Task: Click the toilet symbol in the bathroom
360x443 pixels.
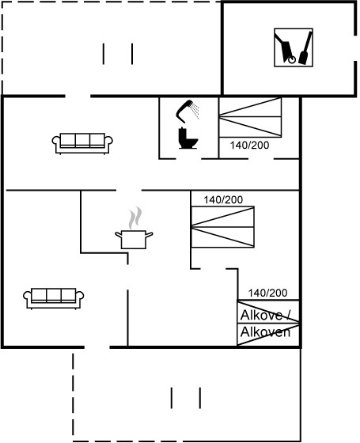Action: click(188, 138)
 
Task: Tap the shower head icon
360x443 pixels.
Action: click(187, 111)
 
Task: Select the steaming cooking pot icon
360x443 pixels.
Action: click(134, 228)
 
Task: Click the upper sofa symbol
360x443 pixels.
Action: click(82, 143)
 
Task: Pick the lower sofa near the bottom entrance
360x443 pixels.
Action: click(54, 298)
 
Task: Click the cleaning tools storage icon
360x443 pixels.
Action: click(294, 47)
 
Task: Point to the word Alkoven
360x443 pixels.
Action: click(265, 332)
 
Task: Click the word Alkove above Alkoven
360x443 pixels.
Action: click(261, 315)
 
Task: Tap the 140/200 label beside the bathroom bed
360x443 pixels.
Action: click(249, 146)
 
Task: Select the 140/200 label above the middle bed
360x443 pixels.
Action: click(223, 199)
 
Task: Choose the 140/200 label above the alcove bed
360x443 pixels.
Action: click(267, 293)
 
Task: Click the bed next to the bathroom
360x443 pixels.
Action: click(250, 118)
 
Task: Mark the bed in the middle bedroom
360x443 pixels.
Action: click(222, 227)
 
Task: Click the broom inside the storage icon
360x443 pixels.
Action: click(305, 48)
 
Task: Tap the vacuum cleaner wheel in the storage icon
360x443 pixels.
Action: click(292, 59)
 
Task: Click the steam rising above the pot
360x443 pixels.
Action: click(135, 218)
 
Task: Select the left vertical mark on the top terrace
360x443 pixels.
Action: click(104, 54)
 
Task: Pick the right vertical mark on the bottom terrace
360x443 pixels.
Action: click(200, 398)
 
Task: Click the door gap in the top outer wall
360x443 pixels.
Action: click(78, 96)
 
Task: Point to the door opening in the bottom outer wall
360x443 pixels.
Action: click(97, 347)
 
